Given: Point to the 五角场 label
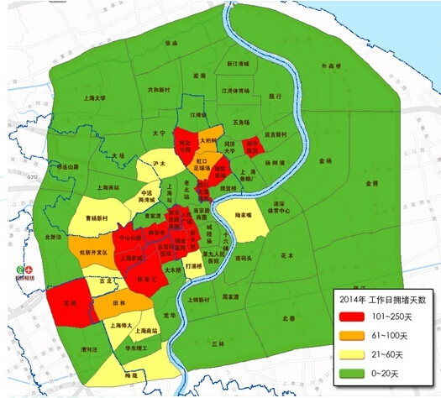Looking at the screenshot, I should point(244,123).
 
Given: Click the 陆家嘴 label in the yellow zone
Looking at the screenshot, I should point(244,214).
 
